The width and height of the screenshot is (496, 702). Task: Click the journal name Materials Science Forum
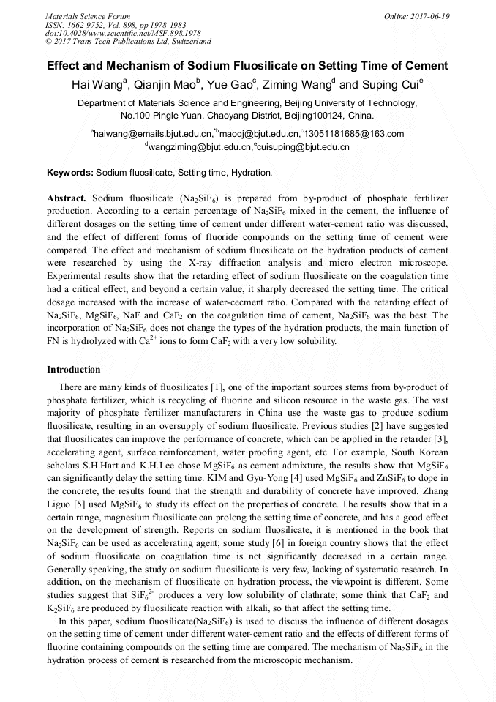tap(88, 16)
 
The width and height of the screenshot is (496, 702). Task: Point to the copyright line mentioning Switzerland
tap(128, 42)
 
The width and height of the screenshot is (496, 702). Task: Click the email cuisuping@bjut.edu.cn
tap(304, 147)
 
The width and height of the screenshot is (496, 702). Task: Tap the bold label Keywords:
tap(70, 173)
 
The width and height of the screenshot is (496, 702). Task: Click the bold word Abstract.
tap(67, 198)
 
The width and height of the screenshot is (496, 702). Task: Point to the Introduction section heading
tap(74, 369)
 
